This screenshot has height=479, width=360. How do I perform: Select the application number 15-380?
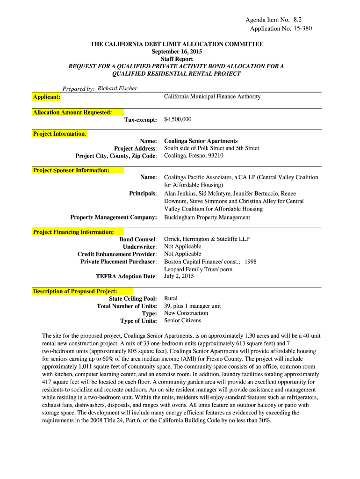(x=300, y=29)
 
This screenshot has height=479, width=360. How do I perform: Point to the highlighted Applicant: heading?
(x=46, y=97)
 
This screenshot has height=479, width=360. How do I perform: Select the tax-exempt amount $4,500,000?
(x=178, y=120)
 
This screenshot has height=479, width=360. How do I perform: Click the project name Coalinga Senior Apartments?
(x=201, y=141)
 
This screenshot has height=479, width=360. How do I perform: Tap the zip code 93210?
(x=214, y=156)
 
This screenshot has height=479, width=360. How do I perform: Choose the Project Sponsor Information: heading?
(x=71, y=170)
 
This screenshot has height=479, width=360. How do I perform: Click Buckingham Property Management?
(x=207, y=218)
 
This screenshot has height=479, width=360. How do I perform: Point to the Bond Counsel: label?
(x=138, y=239)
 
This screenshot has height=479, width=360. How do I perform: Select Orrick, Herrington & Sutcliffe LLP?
(x=207, y=239)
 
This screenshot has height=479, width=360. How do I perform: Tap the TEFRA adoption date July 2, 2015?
(x=179, y=276)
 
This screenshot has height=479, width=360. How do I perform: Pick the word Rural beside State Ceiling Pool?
(x=171, y=298)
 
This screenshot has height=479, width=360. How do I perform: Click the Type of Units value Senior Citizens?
(x=182, y=321)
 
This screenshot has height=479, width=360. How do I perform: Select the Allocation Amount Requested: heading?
(x=72, y=112)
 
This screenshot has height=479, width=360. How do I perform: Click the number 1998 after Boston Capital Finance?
(x=250, y=262)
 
